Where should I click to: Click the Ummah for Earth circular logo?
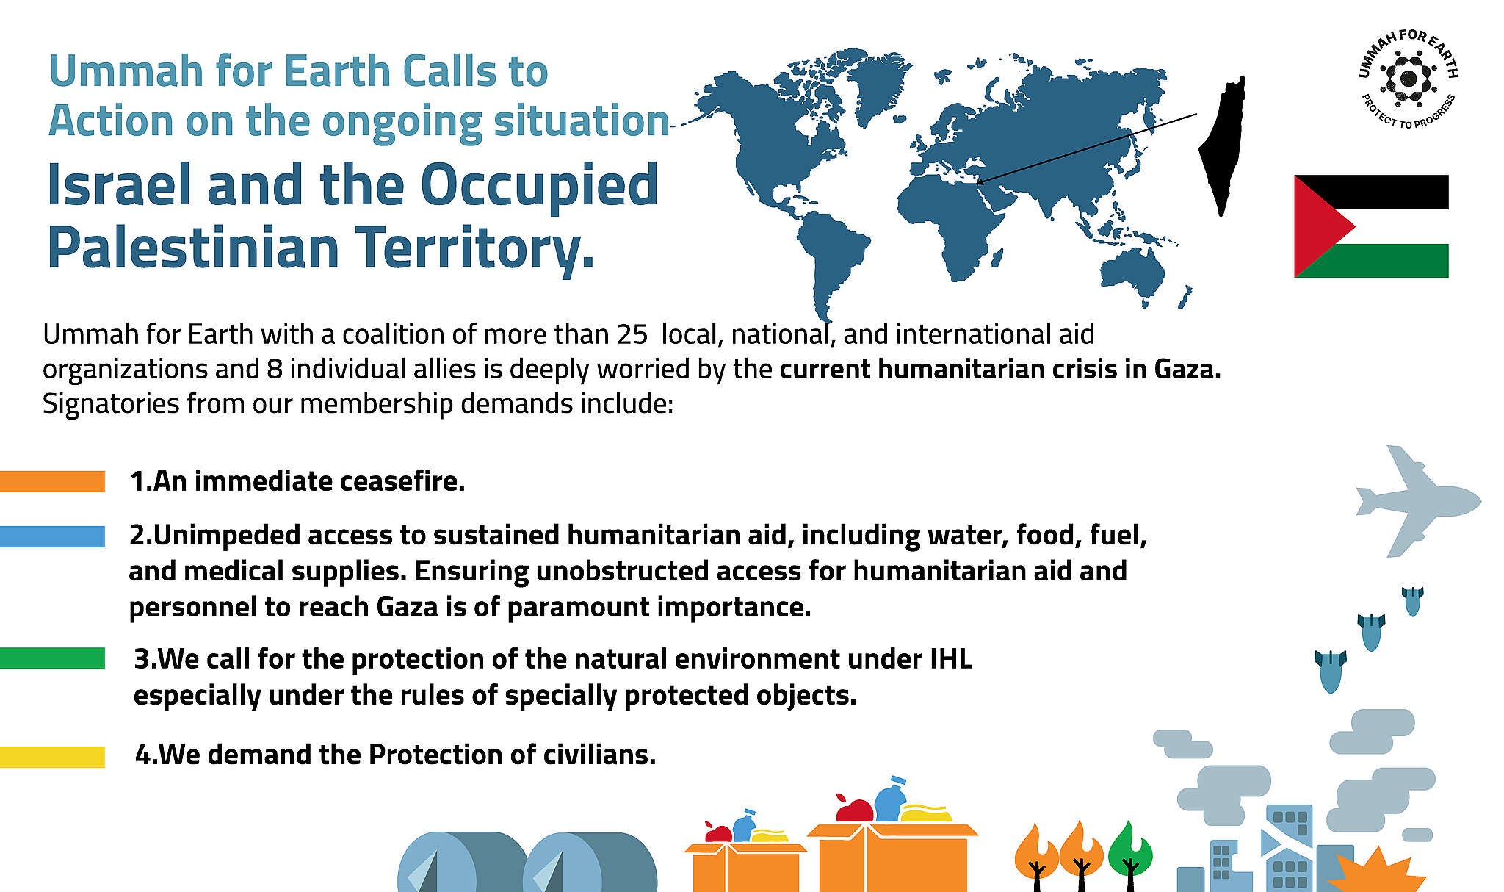click(x=1408, y=79)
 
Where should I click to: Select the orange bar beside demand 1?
click(x=52, y=481)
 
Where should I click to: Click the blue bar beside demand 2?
click(x=52, y=536)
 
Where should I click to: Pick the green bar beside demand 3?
click(x=52, y=658)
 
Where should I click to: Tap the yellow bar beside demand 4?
click(x=52, y=757)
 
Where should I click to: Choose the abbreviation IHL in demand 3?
click(x=950, y=659)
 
